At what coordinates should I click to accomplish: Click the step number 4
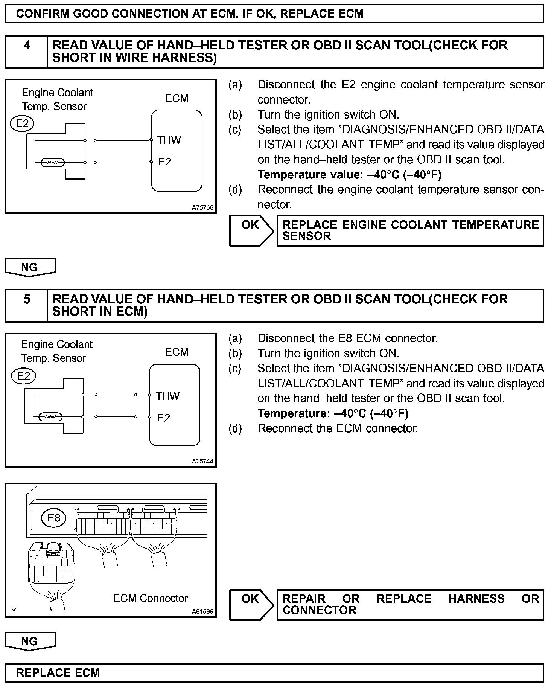pyautogui.click(x=27, y=46)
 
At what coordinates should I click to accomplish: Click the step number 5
pyautogui.click(x=27, y=299)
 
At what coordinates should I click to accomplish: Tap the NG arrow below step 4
pyautogui.click(x=30, y=267)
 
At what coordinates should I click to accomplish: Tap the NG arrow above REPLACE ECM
pyautogui.click(x=30, y=641)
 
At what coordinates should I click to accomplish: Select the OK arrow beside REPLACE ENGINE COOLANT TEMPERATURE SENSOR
pyautogui.click(x=251, y=230)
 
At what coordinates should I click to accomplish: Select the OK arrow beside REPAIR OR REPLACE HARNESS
pyautogui.click(x=251, y=604)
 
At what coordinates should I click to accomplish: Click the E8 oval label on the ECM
pyautogui.click(x=54, y=518)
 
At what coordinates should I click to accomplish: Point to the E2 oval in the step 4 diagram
pyautogui.click(x=22, y=123)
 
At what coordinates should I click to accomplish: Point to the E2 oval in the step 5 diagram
pyautogui.click(x=23, y=376)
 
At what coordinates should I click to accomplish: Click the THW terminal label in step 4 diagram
pyautogui.click(x=169, y=140)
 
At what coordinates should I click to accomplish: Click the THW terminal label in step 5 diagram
pyautogui.click(x=168, y=396)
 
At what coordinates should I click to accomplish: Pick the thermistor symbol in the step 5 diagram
pyautogui.click(x=50, y=417)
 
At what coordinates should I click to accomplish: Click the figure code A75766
pyautogui.click(x=202, y=207)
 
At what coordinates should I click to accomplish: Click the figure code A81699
pyautogui.click(x=202, y=611)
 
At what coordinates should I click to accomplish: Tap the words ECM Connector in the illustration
pyautogui.click(x=150, y=598)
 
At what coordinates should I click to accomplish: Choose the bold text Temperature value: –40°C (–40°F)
pyautogui.click(x=349, y=175)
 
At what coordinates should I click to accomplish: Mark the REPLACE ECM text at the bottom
pyautogui.click(x=58, y=672)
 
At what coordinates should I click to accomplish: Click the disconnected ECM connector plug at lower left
pyautogui.click(x=51, y=565)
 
